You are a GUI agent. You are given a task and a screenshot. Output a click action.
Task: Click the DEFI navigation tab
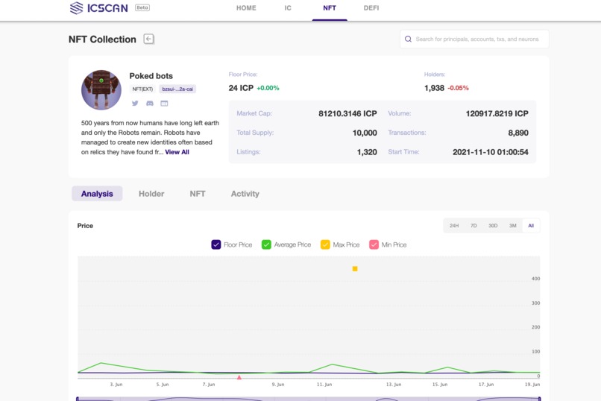371,8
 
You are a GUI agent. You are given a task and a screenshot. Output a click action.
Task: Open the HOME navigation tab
246,8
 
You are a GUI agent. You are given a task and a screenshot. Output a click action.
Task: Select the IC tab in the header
288,8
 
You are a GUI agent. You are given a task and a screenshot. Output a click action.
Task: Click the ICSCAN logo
98,8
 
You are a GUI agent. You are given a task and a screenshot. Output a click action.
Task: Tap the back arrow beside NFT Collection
149,39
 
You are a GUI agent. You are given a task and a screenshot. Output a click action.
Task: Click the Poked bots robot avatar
101,90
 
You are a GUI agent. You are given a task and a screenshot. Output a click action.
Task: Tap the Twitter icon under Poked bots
135,103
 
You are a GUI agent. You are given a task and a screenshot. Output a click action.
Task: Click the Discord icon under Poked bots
149,103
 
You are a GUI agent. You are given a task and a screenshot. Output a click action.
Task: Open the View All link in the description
177,152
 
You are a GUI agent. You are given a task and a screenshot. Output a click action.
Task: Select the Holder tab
151,194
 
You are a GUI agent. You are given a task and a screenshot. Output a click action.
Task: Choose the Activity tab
245,194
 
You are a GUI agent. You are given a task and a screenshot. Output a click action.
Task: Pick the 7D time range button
473,226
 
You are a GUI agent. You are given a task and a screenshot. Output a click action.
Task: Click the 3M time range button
512,226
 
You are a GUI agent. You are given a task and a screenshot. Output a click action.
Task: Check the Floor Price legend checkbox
216,244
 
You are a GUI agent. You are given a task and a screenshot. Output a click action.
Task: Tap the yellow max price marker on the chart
355,269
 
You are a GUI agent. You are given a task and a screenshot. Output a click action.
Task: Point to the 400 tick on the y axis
535,279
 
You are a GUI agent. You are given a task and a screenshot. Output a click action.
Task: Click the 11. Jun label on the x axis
324,385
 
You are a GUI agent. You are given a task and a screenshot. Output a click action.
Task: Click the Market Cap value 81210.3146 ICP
347,114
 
